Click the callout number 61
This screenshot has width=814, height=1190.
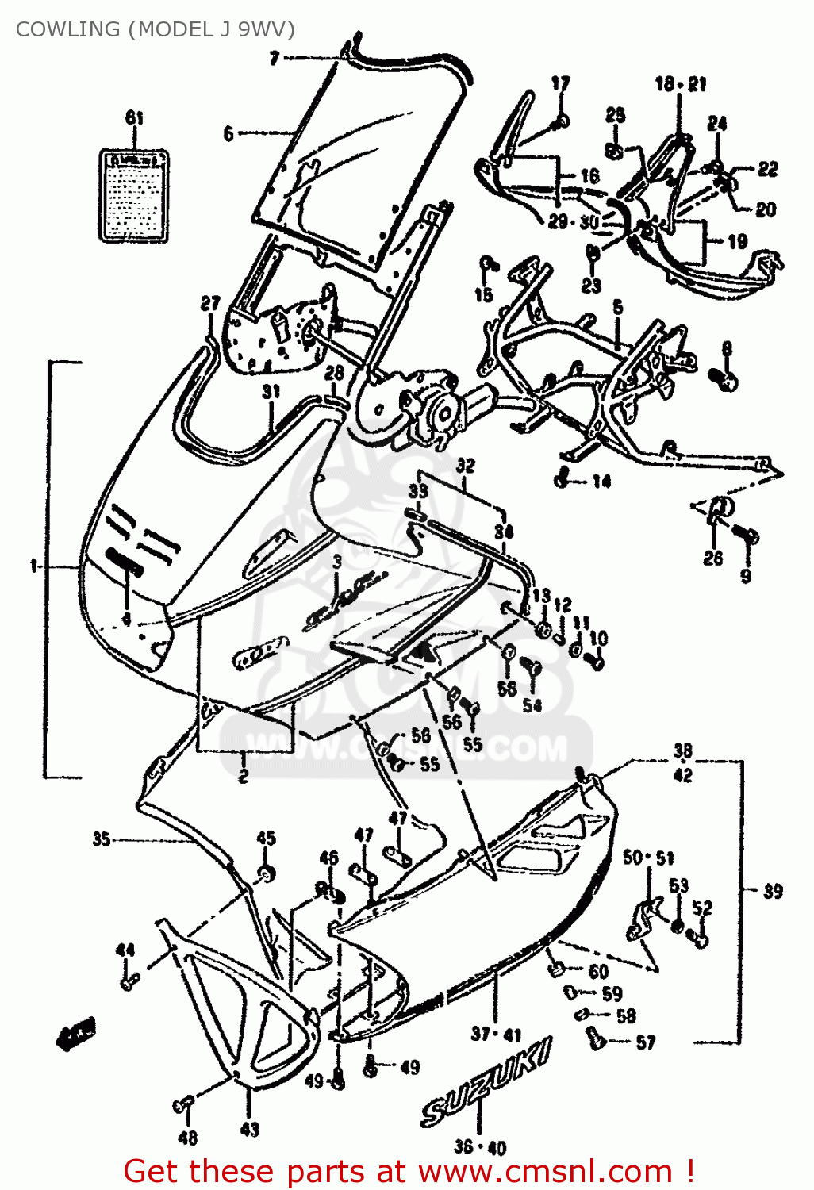pos(135,118)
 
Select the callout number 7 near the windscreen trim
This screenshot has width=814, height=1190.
pos(275,58)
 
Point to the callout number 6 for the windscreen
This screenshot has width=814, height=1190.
pos(228,133)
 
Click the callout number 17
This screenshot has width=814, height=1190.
pos(560,83)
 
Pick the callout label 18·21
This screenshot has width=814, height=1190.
pos(680,84)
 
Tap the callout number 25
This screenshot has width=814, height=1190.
pos(616,115)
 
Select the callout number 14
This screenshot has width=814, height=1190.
pos(601,481)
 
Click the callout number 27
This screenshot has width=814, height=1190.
pos(209,303)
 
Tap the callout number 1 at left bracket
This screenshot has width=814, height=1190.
pos(34,566)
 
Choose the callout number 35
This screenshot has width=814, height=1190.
pos(102,839)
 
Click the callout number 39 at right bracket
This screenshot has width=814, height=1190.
pos(772,891)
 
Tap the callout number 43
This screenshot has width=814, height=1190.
pos(249,1128)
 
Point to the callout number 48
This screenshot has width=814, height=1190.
pos(187,1138)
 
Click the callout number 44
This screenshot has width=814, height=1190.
pos(125,950)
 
